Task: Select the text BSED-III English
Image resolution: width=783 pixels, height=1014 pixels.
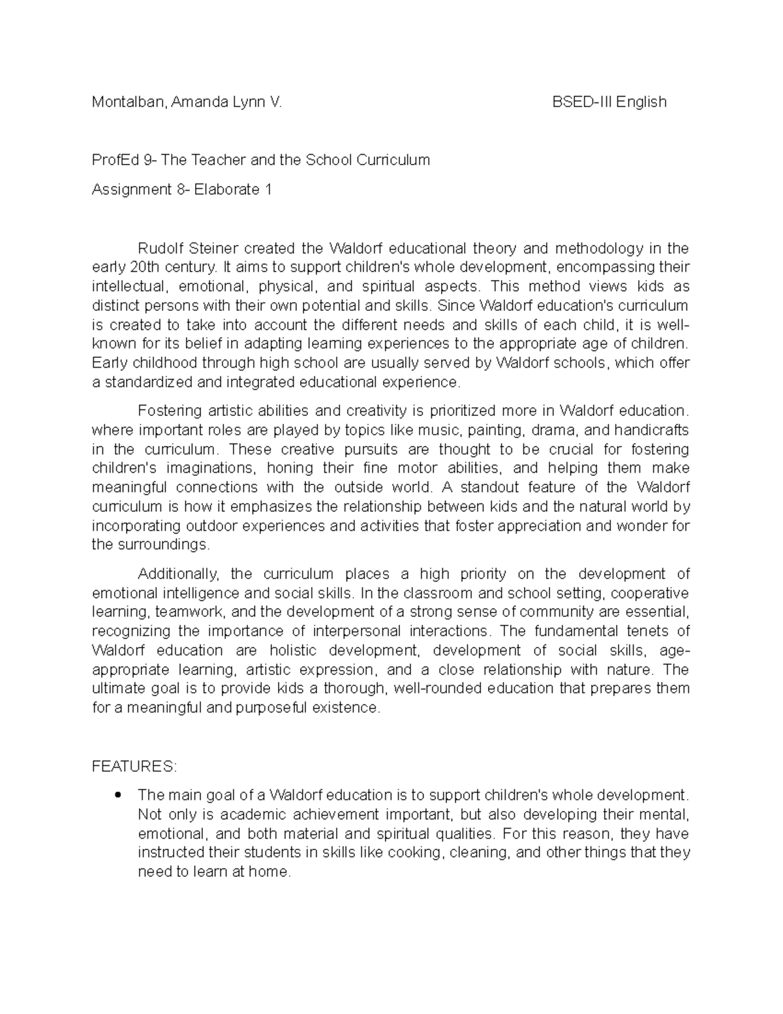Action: (609, 102)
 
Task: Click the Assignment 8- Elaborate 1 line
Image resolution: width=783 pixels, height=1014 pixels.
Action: (181, 190)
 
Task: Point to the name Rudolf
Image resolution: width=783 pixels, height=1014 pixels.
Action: (160, 248)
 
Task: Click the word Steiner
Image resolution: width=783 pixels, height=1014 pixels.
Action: (213, 248)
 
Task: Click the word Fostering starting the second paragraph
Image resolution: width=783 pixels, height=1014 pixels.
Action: (170, 411)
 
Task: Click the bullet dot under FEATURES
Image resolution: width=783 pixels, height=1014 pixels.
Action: (117, 795)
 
